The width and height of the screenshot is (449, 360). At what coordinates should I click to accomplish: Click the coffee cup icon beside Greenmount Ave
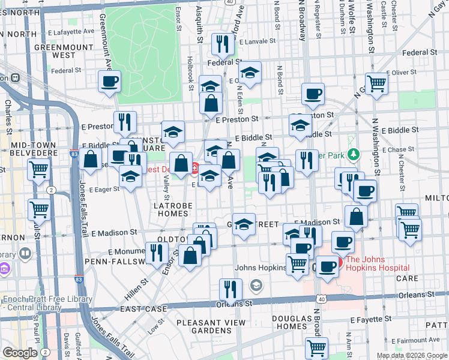pyautogui.click(x=110, y=82)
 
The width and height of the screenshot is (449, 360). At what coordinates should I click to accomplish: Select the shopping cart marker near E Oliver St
pyautogui.click(x=377, y=83)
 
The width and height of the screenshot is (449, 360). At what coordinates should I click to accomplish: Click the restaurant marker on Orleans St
pyautogui.click(x=230, y=289)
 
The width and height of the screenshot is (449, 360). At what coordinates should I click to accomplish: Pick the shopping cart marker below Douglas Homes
pyautogui.click(x=316, y=347)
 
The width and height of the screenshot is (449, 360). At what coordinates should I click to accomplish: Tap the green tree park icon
pyautogui.click(x=354, y=155)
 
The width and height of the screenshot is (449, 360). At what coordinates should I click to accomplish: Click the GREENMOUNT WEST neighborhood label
pyautogui.click(x=55, y=50)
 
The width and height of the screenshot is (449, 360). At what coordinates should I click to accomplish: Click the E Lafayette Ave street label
pyautogui.click(x=71, y=31)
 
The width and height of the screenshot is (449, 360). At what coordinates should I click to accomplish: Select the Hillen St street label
pyautogui.click(x=136, y=290)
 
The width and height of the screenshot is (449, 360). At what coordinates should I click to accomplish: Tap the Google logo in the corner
pyautogui.click(x=20, y=353)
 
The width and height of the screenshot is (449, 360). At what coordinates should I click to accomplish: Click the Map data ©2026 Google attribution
pyautogui.click(x=411, y=356)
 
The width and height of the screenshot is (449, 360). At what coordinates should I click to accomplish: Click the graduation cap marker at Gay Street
pyautogui.click(x=244, y=224)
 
